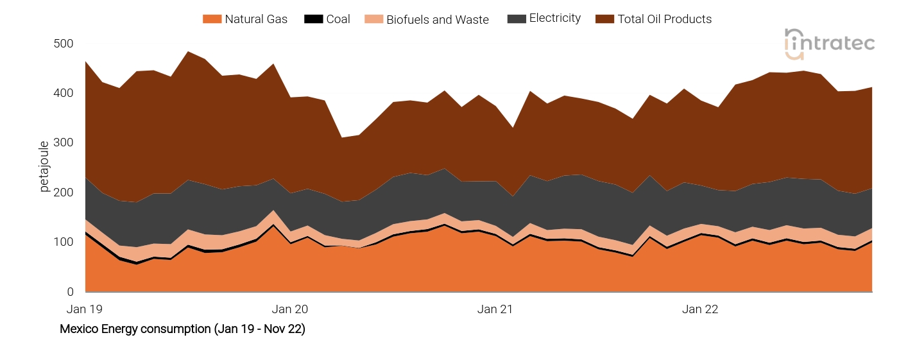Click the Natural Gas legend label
[x=256, y=19]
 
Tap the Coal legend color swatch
[x=313, y=19]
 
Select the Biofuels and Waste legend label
[x=437, y=19]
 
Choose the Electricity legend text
[x=554, y=19]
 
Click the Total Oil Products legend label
[x=664, y=19]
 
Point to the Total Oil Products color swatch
[x=605, y=19]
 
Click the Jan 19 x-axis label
[x=85, y=309]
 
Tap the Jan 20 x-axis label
[x=290, y=309]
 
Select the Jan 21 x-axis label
[x=495, y=309]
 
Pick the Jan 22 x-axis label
[x=700, y=309]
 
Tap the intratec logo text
[x=839, y=43]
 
